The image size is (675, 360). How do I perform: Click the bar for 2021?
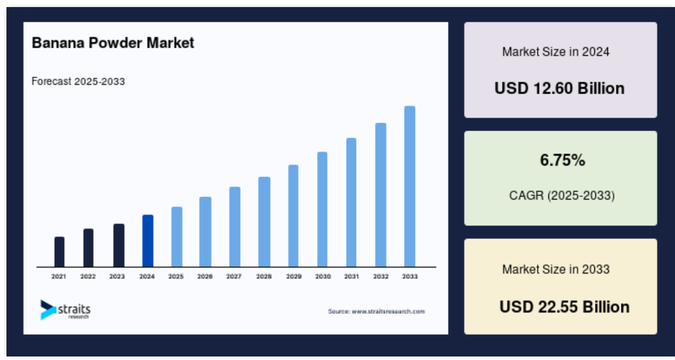pos(59,252)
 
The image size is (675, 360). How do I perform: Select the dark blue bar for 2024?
pos(148,241)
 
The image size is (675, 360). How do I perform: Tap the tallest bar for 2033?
pos(410,186)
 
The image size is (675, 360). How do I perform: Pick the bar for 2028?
pos(264,222)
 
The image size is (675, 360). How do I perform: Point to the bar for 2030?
pos(322,209)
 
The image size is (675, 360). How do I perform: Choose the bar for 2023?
pos(119,245)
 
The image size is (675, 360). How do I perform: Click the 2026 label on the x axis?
pos(205,276)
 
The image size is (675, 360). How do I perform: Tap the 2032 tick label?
pos(381,276)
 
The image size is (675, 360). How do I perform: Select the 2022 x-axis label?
pos(88,276)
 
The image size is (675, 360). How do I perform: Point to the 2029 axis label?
pos(294,276)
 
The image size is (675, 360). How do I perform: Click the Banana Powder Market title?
pos(113,43)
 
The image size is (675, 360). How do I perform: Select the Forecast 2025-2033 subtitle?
pos(78,81)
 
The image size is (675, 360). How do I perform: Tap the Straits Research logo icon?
pos(48,309)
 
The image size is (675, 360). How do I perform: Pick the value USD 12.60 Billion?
pos(560,88)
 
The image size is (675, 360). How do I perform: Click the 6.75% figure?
pos(563,161)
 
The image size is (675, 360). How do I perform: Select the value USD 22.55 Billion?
pos(564,307)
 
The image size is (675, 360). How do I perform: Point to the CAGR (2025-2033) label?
pos(562,196)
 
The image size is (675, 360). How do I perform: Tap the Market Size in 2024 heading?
pos(556,52)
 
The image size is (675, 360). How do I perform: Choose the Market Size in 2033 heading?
pos(556,269)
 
